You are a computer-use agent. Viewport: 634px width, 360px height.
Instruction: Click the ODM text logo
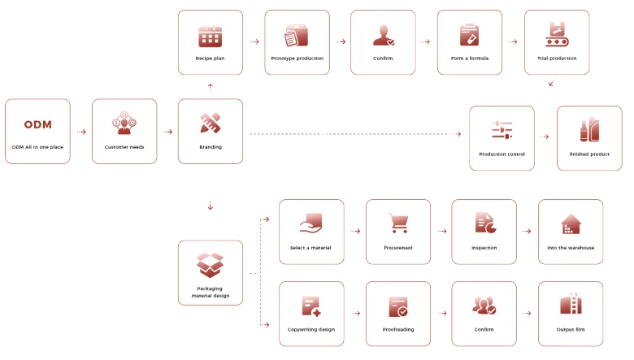pos(37,124)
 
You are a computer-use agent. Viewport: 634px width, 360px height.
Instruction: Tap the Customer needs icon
pos(124,123)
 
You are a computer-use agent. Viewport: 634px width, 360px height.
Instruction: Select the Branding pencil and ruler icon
pos(210,123)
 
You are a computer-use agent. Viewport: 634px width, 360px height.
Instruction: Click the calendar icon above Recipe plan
pos(210,36)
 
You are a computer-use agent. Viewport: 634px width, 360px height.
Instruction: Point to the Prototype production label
pos(297,59)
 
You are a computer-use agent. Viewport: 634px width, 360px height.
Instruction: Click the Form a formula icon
pos(469,36)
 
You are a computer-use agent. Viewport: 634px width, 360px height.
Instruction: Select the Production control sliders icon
pos(502,130)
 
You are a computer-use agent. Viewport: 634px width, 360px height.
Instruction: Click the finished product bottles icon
pos(588,130)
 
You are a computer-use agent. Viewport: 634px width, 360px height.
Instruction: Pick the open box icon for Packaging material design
pos(210,265)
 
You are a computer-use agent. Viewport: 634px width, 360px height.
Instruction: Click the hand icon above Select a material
pos(311,223)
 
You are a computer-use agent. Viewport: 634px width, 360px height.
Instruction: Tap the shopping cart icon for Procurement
pos(398,223)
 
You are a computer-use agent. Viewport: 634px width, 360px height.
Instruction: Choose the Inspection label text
pos(484,248)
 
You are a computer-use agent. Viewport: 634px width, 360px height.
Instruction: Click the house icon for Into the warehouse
pos(571,223)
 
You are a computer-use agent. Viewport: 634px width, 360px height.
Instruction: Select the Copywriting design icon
pos(311,306)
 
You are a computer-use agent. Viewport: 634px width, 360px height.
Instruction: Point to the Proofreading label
pos(398,329)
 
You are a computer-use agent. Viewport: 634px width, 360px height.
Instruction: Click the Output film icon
pos(571,306)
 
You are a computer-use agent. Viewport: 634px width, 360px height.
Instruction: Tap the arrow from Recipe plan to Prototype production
pos(254,41)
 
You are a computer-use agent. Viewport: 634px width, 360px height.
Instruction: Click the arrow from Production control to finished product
pos(545,137)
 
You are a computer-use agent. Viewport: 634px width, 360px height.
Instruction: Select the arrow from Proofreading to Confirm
pos(443,313)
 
